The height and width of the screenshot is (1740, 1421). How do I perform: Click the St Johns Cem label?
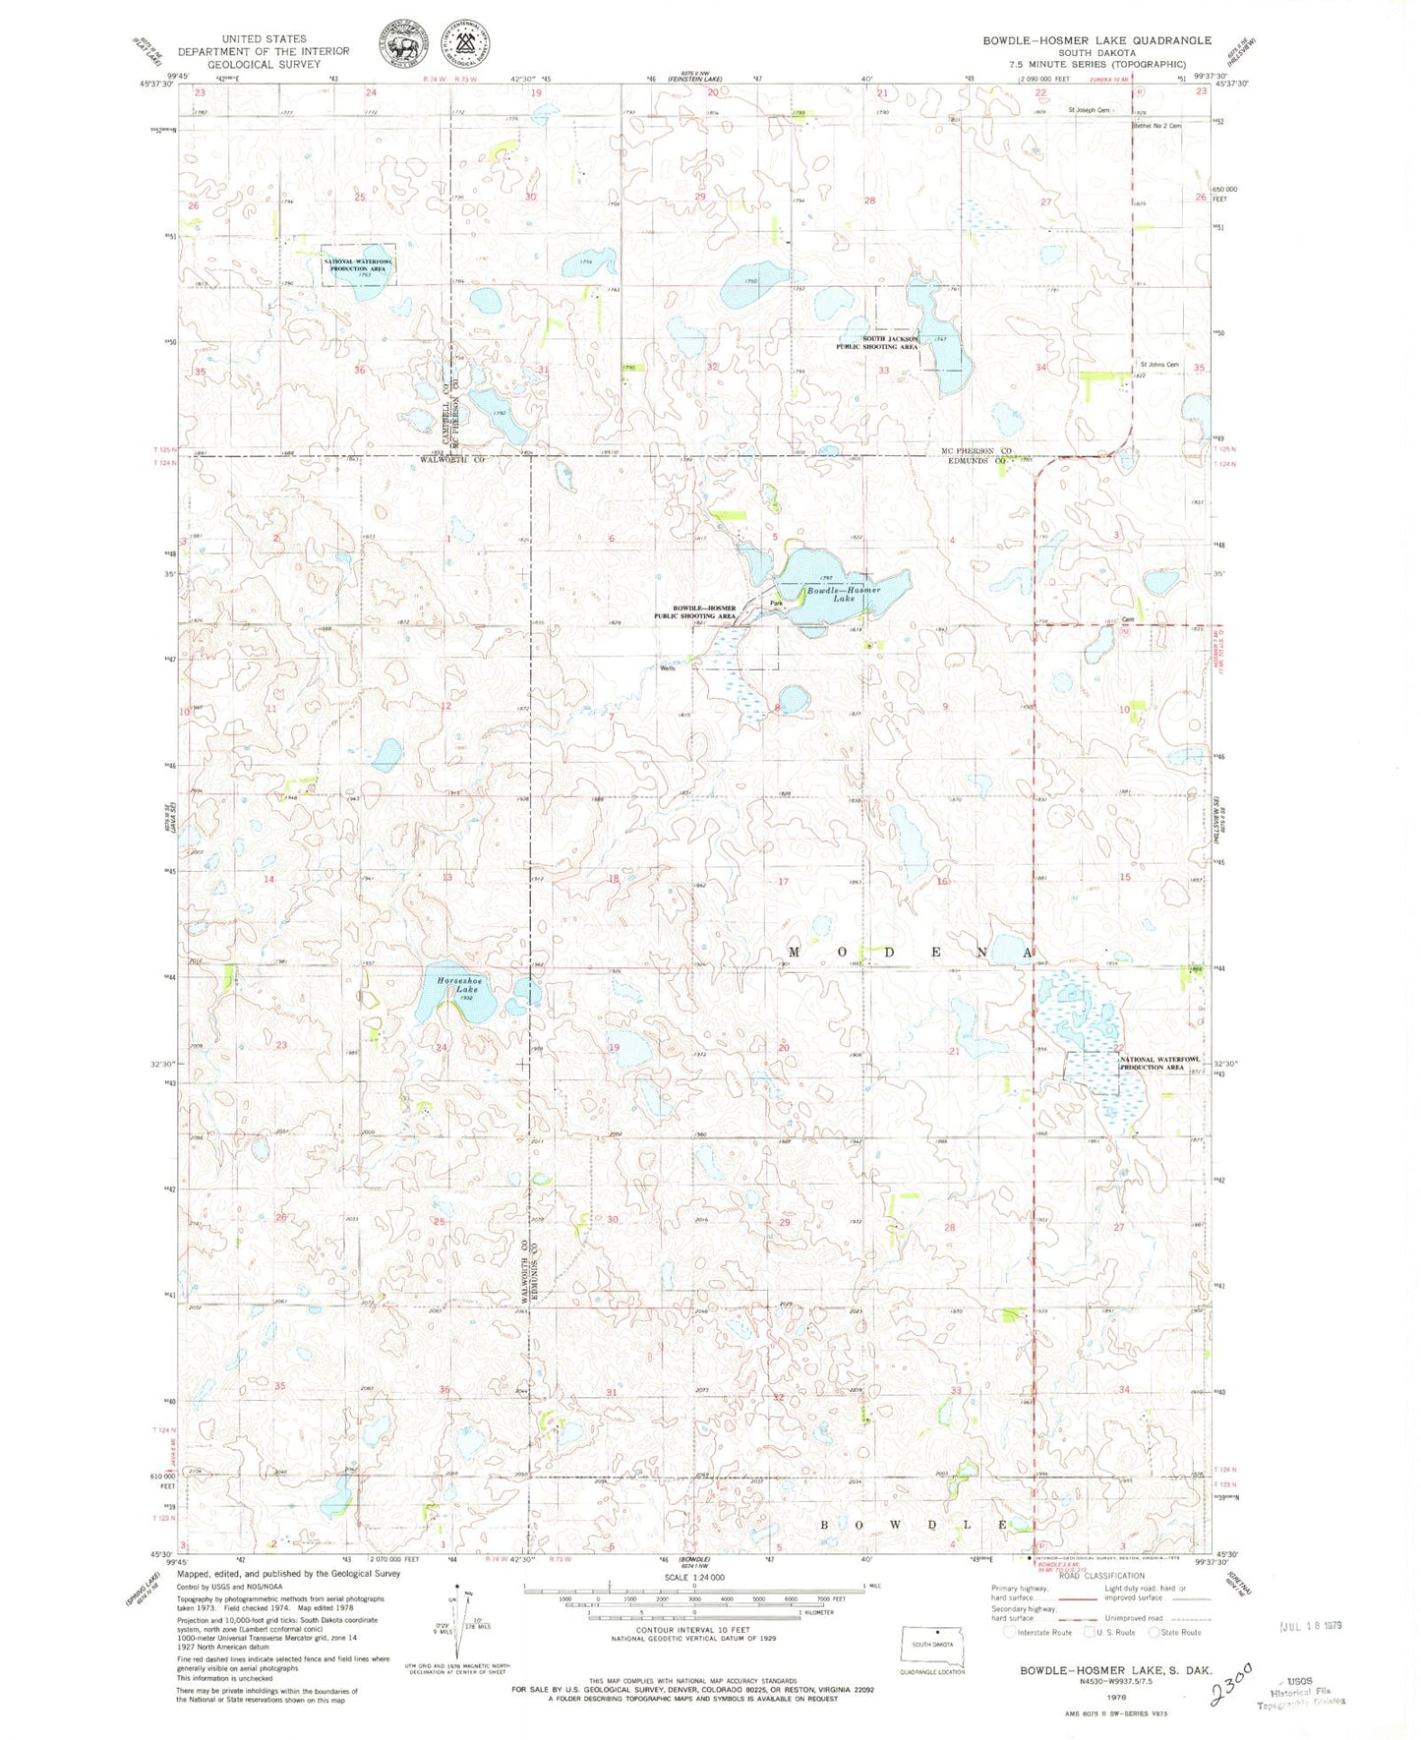click(x=1159, y=365)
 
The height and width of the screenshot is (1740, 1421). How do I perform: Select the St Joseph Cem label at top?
click(x=1089, y=110)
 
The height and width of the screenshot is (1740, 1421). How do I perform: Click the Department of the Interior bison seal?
click(x=403, y=45)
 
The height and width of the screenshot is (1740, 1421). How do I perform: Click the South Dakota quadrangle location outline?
click(x=933, y=1648)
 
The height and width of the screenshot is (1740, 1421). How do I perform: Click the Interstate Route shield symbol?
click(x=1009, y=1632)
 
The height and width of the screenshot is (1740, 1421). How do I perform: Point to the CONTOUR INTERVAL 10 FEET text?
click(x=694, y=1629)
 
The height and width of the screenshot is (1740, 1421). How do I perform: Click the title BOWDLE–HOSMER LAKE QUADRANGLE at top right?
click(x=1096, y=40)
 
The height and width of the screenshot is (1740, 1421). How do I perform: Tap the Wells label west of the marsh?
click(x=669, y=668)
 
